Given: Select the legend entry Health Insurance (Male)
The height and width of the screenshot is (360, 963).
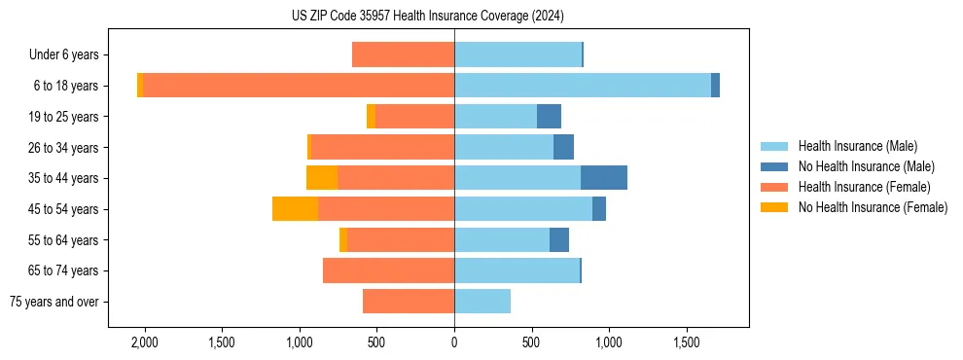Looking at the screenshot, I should tap(857, 146).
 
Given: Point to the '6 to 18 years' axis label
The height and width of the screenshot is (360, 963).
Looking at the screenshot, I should tap(66, 86).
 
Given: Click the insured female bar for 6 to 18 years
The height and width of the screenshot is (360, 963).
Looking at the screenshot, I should tap(299, 86).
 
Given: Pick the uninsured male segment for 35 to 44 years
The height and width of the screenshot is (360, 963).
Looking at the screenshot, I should tap(604, 178).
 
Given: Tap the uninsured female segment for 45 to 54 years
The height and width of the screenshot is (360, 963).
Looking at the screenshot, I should tap(295, 209).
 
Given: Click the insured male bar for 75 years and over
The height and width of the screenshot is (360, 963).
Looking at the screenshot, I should tap(482, 302).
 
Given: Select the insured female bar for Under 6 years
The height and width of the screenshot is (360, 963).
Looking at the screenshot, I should tap(403, 54).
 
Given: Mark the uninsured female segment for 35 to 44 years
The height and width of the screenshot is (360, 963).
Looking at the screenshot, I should tap(322, 178).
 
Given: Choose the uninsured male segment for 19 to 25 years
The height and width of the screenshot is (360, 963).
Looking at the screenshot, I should tap(549, 117).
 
